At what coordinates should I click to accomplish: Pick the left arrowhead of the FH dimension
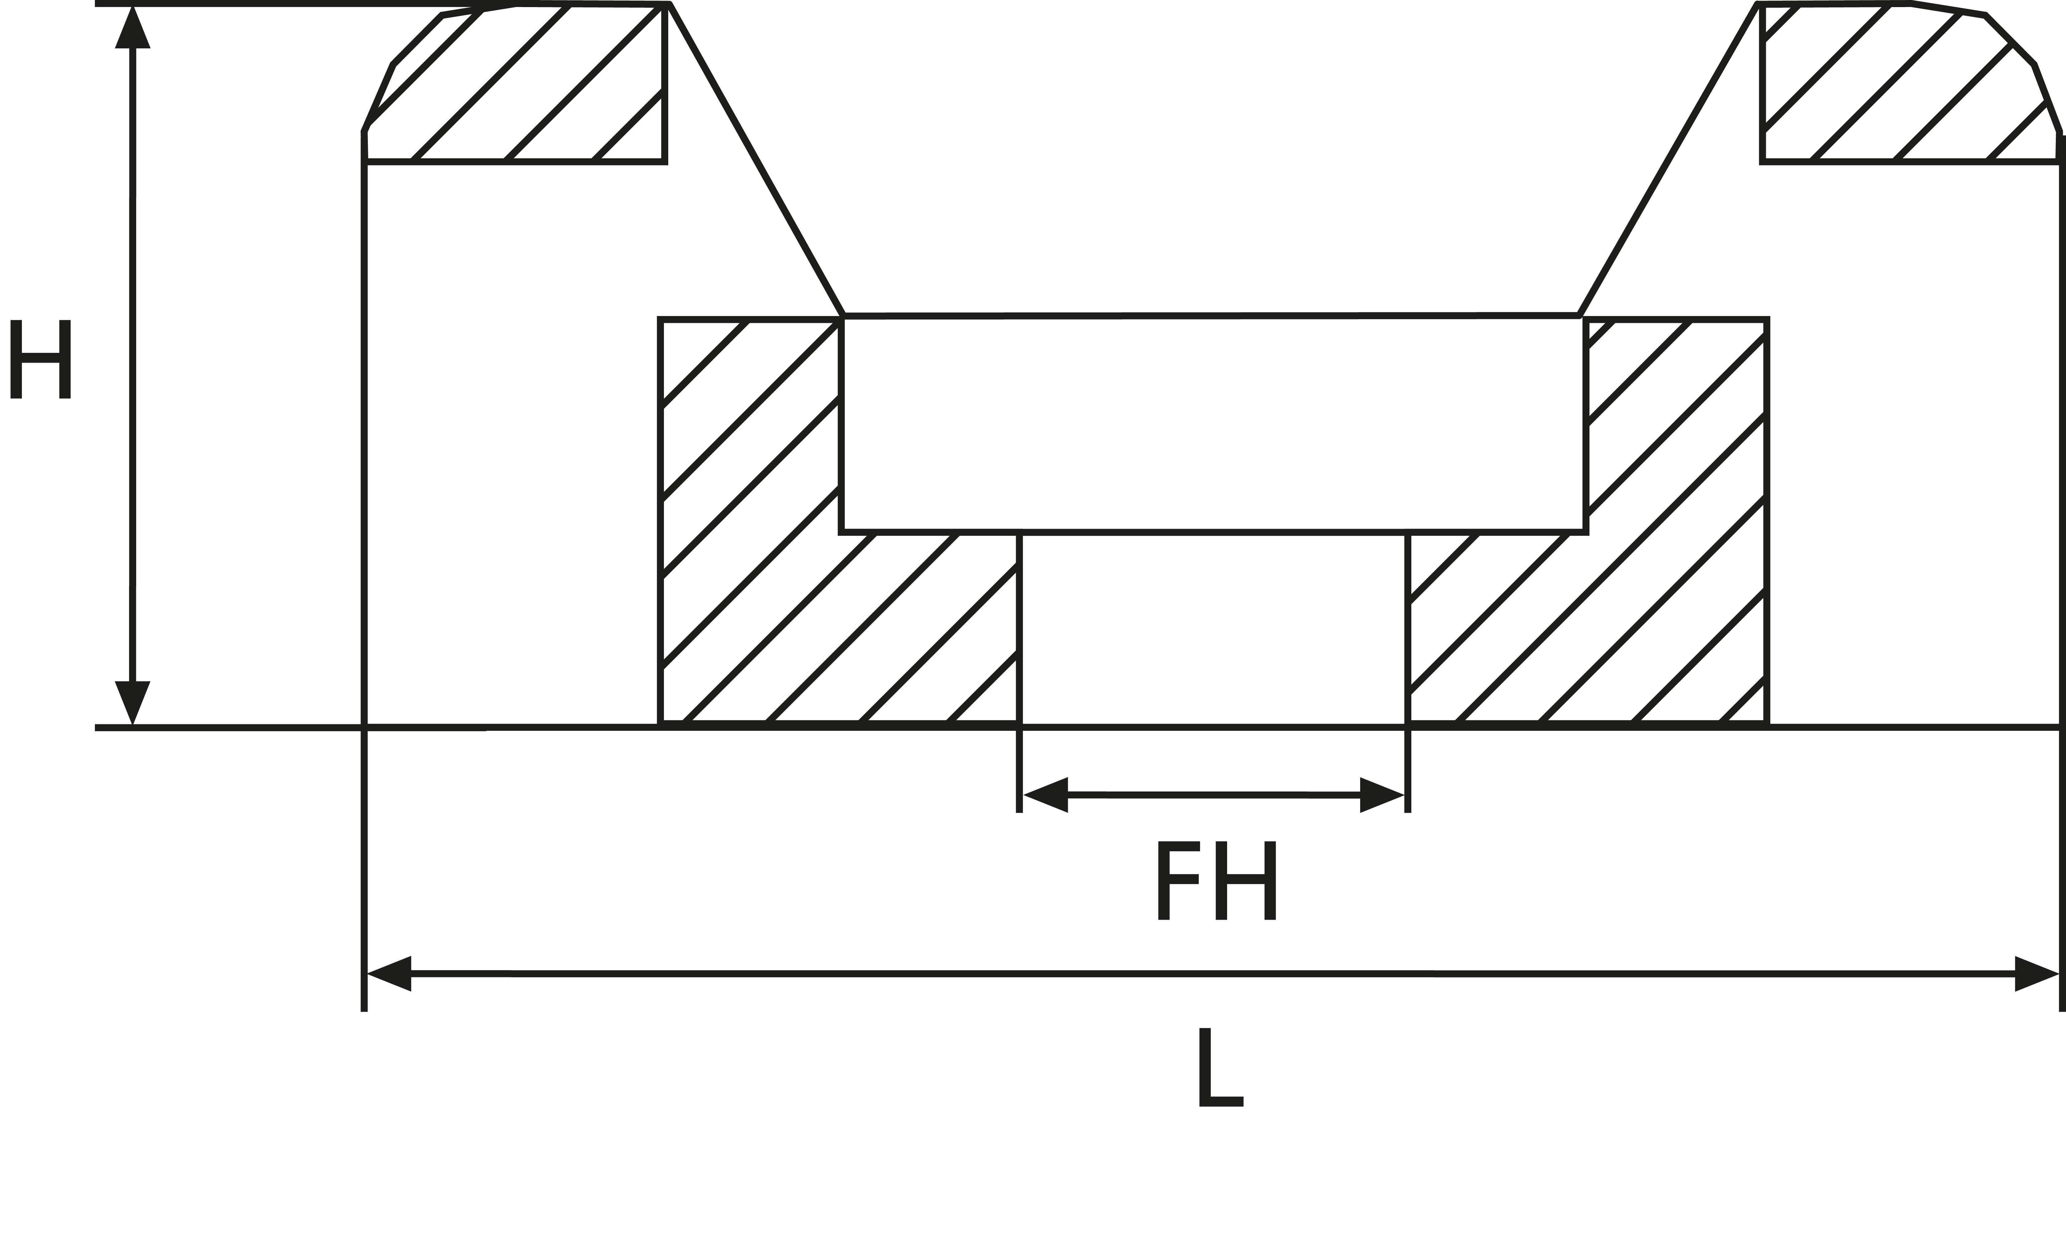pos(1045,795)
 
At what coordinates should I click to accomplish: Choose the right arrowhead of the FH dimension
pos(1381,795)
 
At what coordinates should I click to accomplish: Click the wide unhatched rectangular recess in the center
pos(1214,424)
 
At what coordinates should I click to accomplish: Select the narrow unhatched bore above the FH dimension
pos(1214,630)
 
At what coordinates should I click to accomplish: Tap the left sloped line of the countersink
pos(756,160)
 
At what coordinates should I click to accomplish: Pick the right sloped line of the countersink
pos(1668,160)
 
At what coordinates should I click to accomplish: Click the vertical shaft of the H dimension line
pos(132,365)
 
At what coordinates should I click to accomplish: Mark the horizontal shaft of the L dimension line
pos(1213,974)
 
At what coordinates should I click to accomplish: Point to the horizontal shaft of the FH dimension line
pos(1214,795)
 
